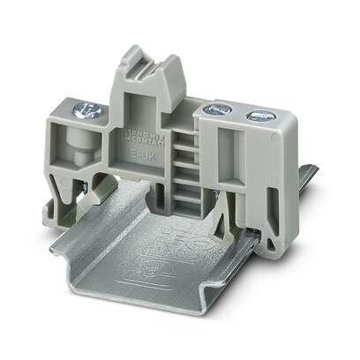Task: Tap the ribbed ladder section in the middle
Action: pos(181,168)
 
